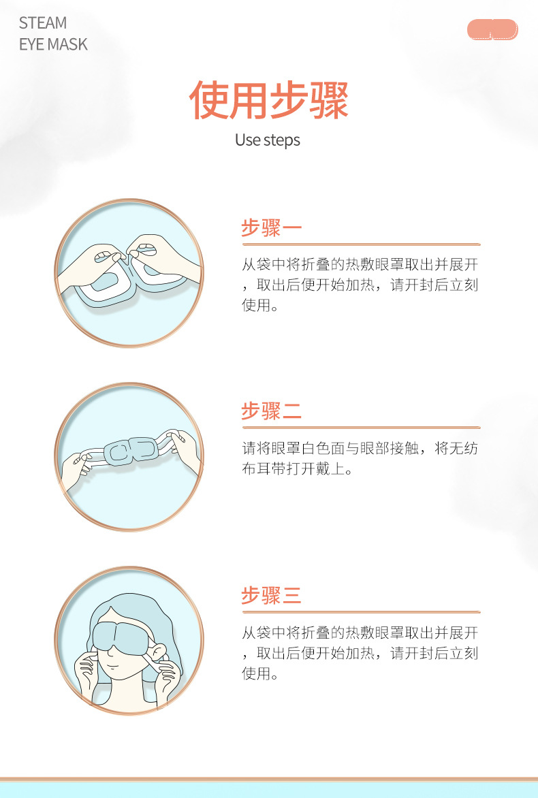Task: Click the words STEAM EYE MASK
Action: coord(53,33)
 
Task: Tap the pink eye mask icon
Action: coord(492,29)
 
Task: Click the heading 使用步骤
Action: coord(268,99)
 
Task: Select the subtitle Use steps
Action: coord(267,140)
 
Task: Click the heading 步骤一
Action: coord(271,227)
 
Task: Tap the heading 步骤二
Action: coord(271,411)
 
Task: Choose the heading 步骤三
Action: coord(271,595)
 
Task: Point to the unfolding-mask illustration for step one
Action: coord(129,273)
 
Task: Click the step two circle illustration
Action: coord(129,457)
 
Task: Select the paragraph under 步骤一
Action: coord(360,285)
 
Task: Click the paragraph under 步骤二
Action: coord(360,458)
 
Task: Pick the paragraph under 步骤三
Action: coord(360,653)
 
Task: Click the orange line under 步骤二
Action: coord(361,428)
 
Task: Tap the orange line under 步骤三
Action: coord(361,612)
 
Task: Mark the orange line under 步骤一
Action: coord(361,244)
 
